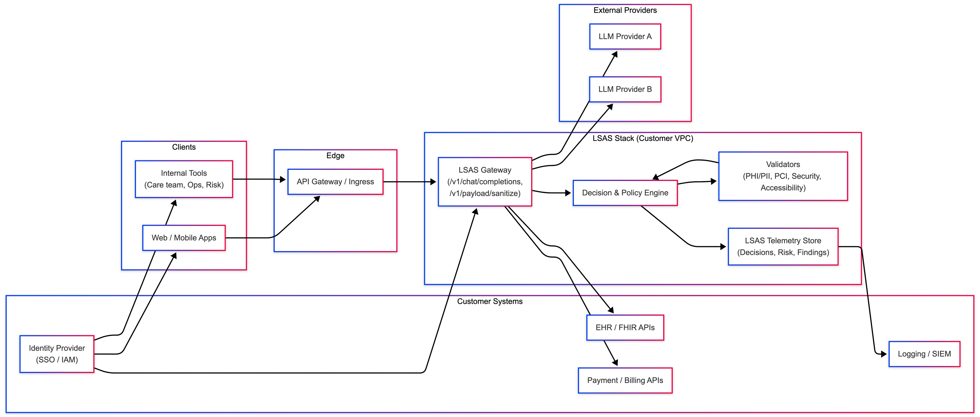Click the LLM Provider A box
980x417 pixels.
(x=625, y=37)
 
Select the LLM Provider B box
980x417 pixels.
(x=625, y=89)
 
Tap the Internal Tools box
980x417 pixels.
(x=184, y=179)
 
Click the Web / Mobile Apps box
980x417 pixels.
(x=184, y=238)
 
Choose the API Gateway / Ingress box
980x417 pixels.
(x=335, y=182)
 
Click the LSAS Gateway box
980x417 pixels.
(x=485, y=182)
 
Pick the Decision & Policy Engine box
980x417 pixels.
(x=625, y=193)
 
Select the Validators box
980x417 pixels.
(x=783, y=176)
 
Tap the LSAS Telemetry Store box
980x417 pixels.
(x=783, y=246)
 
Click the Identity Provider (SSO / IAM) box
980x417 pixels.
(x=57, y=354)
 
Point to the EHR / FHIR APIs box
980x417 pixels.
(x=625, y=328)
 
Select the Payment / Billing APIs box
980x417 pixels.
(x=625, y=380)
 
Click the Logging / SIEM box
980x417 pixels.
(x=924, y=354)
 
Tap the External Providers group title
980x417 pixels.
(x=625, y=10)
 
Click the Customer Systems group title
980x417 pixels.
(x=490, y=301)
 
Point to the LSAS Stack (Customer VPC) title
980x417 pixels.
(x=643, y=138)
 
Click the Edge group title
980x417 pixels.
(x=335, y=155)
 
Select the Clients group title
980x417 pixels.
(x=184, y=147)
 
